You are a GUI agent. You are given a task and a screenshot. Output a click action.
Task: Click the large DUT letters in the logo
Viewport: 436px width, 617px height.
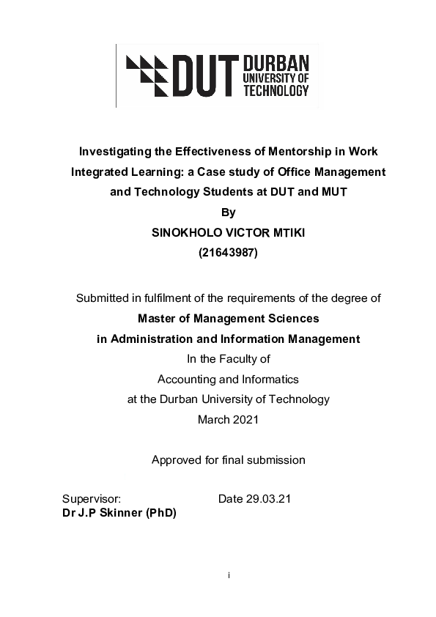[x=202, y=76]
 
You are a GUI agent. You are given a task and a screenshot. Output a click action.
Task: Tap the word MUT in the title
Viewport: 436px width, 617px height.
[x=339, y=193]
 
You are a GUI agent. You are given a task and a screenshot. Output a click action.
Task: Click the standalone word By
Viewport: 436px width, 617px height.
[x=229, y=213]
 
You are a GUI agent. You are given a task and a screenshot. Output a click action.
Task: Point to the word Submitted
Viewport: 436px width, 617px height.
[x=103, y=298]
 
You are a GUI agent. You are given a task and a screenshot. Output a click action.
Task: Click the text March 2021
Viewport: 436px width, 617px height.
[x=229, y=420]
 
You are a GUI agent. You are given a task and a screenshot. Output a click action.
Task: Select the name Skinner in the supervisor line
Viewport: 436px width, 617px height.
[x=122, y=513]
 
